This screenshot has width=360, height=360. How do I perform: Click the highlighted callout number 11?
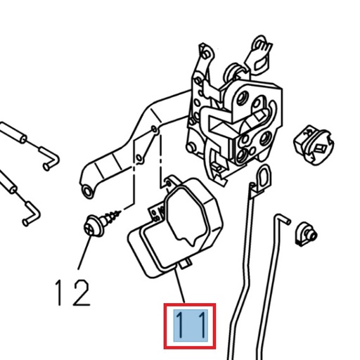pyautogui.click(x=188, y=326)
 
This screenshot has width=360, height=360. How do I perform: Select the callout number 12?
pyautogui.click(x=72, y=291)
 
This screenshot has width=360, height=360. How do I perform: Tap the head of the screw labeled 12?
pyautogui.click(x=91, y=228)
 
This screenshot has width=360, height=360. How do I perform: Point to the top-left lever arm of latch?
pyautogui.click(x=205, y=60)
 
